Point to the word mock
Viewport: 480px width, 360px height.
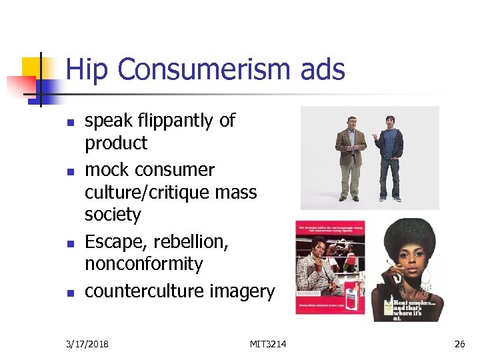pyautogui.click(x=107, y=170)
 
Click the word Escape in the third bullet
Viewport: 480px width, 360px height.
pyautogui.click(x=113, y=242)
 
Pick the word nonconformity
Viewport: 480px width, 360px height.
pyautogui.click(x=143, y=264)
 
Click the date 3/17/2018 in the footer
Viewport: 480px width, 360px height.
pyautogui.click(x=88, y=344)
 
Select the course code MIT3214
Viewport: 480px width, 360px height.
pyautogui.click(x=268, y=344)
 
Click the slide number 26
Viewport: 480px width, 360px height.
pyautogui.click(x=459, y=344)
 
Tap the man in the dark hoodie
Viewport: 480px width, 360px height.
pyautogui.click(x=391, y=157)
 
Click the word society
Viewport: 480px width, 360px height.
pyautogui.click(x=113, y=215)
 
